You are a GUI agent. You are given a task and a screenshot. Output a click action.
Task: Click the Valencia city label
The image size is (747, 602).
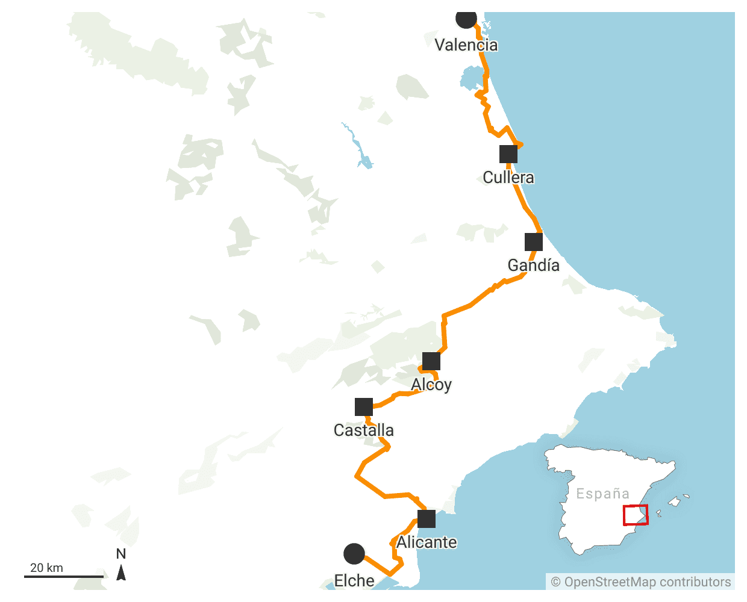point(466,45)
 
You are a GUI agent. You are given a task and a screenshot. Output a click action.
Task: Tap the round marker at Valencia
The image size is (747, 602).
point(466,18)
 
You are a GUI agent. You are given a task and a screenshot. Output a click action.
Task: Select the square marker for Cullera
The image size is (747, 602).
point(508,154)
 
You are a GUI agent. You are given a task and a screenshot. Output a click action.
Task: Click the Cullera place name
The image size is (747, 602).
point(508,178)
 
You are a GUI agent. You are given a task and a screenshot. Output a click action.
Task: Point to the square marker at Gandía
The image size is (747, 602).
point(534,242)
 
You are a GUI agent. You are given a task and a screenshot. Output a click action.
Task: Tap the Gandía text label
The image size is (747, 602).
point(534,265)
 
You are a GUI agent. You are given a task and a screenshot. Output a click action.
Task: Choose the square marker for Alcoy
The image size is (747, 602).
point(431,361)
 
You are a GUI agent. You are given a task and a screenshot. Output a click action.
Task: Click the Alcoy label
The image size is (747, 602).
point(431,385)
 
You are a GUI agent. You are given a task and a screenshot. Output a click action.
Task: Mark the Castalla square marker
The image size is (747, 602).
point(364,407)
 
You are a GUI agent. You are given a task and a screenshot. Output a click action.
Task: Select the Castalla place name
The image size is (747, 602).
point(364,430)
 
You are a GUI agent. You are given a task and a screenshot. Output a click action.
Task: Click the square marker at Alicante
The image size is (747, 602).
point(427,519)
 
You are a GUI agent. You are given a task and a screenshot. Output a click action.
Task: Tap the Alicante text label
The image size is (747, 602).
point(427,542)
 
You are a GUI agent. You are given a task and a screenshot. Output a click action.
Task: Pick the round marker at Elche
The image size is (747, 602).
point(354,554)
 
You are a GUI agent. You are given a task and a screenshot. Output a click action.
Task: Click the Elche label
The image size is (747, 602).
point(354,581)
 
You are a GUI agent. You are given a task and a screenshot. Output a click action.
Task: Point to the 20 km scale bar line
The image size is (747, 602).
point(63,577)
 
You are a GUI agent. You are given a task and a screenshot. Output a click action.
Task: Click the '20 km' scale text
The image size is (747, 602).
point(46,568)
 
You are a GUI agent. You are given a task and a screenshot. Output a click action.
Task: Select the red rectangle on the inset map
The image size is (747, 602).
point(635,515)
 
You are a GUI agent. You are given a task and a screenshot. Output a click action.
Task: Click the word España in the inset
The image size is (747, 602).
point(602,494)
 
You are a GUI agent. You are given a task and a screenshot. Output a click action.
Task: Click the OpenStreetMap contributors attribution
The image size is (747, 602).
point(641,582)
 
